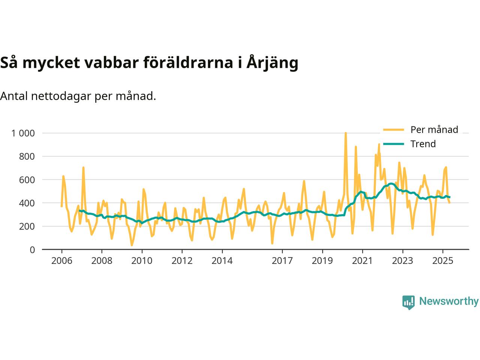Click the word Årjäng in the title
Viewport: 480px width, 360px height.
coord(272,63)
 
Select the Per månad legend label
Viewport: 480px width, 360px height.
coord(434,130)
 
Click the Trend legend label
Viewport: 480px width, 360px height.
coord(423,144)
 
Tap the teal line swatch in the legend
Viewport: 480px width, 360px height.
coord(393,144)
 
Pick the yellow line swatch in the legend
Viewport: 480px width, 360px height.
coord(393,130)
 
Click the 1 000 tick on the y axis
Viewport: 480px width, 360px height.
coord(23,133)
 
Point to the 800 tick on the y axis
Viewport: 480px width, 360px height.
coord(27,156)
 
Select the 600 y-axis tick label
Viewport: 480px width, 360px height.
coord(27,180)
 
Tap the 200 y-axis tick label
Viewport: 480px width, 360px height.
coord(27,226)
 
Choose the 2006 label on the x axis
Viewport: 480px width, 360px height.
coord(61,261)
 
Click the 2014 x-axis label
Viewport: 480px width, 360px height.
coord(222,261)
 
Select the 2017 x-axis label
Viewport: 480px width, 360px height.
coord(282,261)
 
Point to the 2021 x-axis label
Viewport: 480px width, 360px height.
coord(362,261)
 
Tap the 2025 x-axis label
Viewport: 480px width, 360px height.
coord(442,261)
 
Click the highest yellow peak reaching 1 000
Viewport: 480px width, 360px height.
coord(345,133)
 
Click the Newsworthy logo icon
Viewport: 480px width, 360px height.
coord(408,302)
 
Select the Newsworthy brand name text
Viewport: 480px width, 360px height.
coord(448,301)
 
